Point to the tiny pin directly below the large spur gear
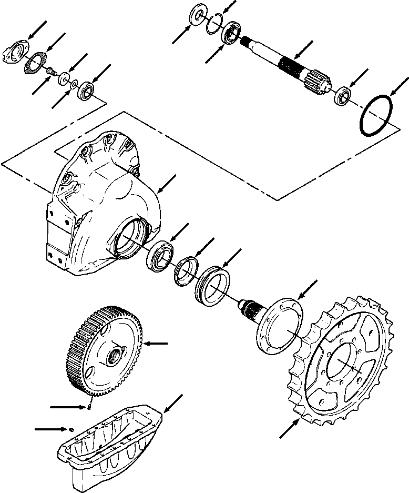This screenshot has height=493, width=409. (x=90, y=405)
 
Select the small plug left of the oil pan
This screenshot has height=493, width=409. (x=71, y=429)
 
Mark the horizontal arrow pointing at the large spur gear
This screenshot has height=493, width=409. (x=157, y=344)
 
